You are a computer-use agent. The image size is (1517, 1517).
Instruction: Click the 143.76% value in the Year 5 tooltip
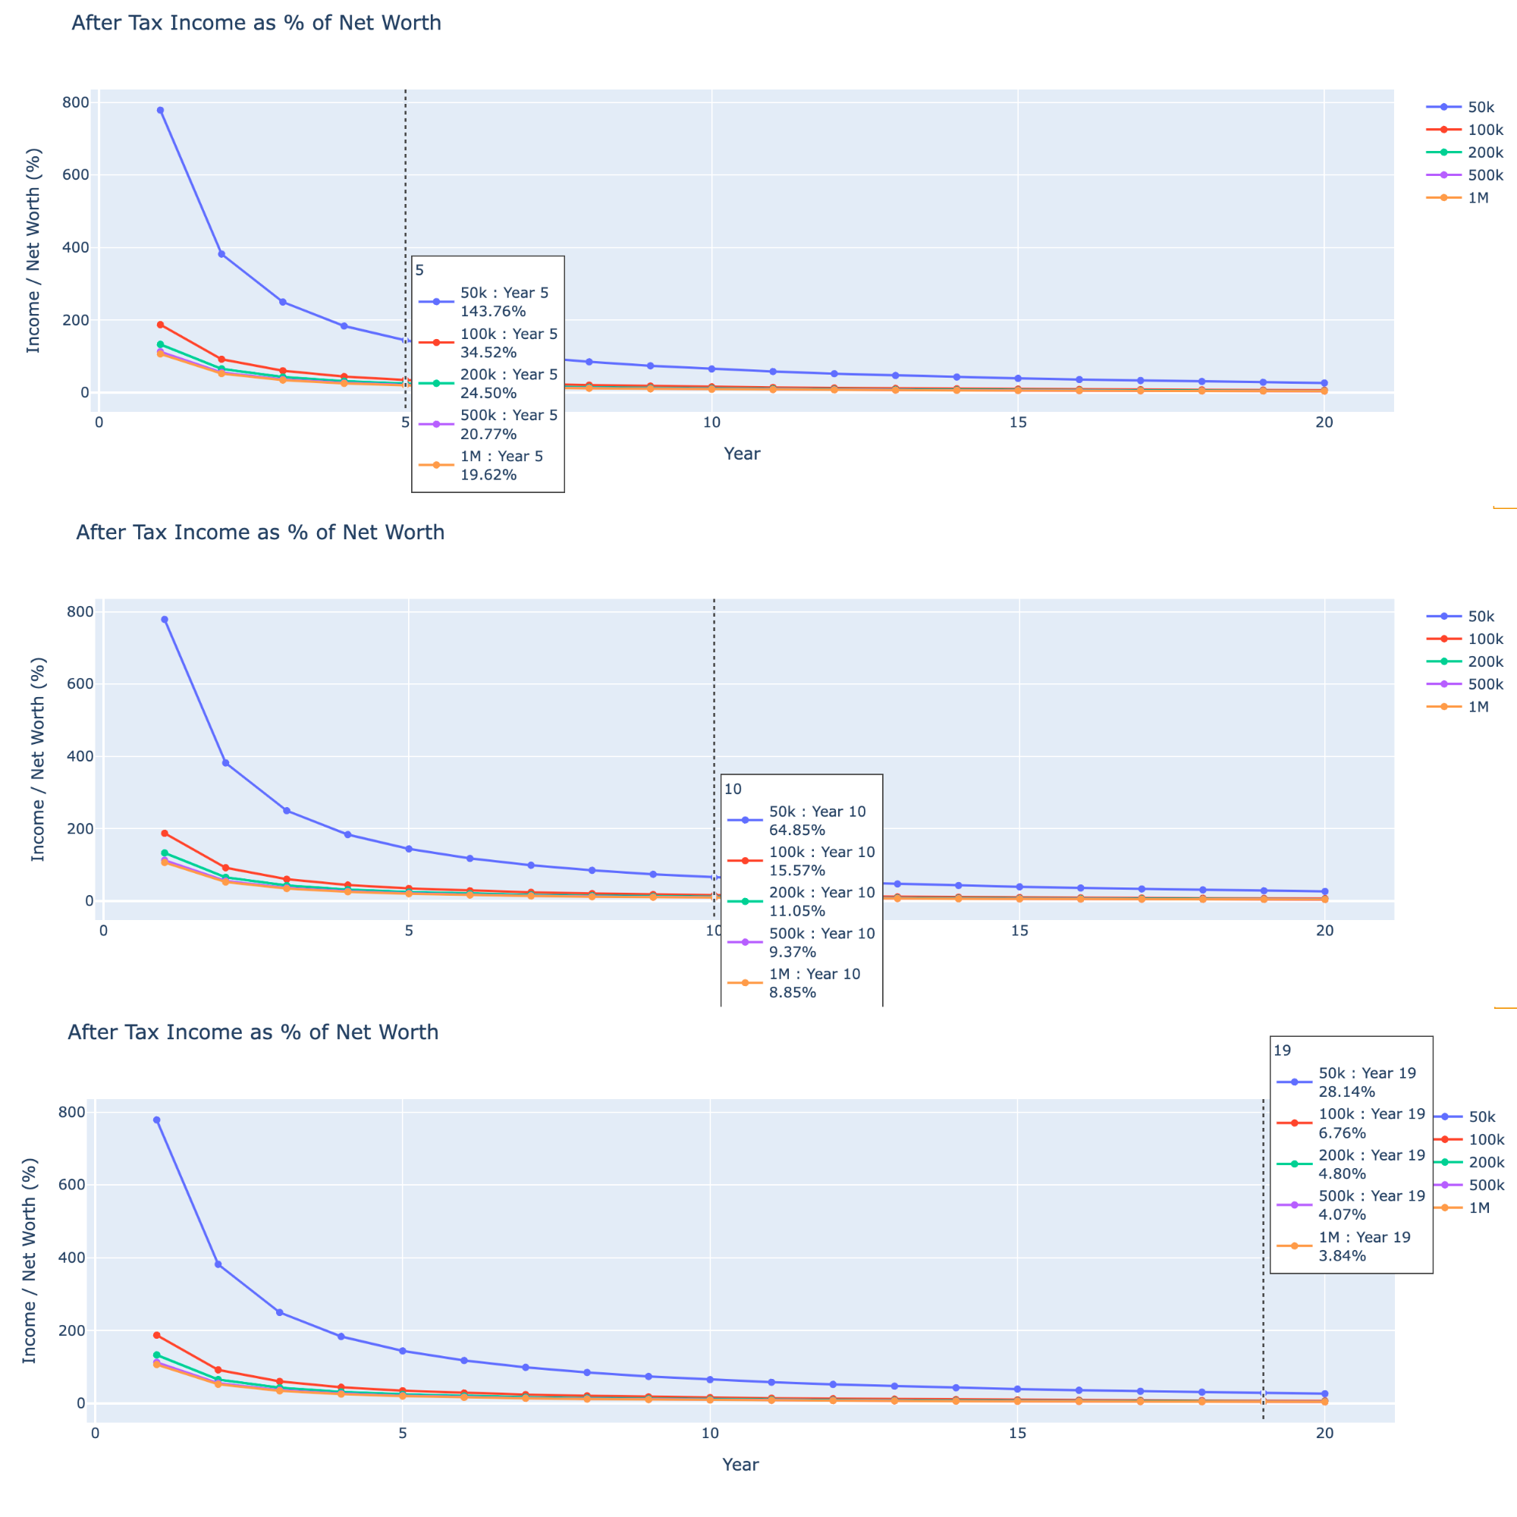tap(492, 312)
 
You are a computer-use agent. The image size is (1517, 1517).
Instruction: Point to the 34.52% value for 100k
tap(488, 353)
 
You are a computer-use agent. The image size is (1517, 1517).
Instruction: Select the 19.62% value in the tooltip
tap(488, 475)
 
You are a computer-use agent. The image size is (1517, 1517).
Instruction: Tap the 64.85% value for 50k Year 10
tap(797, 830)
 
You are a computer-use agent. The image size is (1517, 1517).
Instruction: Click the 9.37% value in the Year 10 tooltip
tap(793, 953)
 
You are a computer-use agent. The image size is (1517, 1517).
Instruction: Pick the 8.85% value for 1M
tap(793, 992)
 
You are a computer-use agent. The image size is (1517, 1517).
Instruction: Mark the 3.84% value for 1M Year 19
tap(1342, 1256)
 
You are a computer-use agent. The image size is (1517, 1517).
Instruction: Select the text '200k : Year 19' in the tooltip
tap(1371, 1156)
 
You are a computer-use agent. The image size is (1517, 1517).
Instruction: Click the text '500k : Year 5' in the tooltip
tap(509, 416)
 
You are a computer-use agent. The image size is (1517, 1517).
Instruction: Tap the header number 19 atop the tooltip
tap(1282, 1051)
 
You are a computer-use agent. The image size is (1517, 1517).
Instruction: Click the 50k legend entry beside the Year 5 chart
tap(1480, 108)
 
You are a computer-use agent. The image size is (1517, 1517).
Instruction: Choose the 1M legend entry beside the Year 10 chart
tap(1478, 707)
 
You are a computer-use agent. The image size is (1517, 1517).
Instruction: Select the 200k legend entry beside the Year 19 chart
tap(1486, 1163)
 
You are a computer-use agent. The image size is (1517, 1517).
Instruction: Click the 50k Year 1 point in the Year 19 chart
tap(157, 1120)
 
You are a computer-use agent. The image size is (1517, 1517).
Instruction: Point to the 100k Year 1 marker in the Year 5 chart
tap(160, 325)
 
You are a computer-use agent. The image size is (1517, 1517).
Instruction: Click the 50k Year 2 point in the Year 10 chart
tap(225, 763)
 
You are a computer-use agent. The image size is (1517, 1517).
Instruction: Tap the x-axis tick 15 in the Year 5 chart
tap(1018, 422)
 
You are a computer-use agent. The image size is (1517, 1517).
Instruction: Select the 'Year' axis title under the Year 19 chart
tap(740, 1465)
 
